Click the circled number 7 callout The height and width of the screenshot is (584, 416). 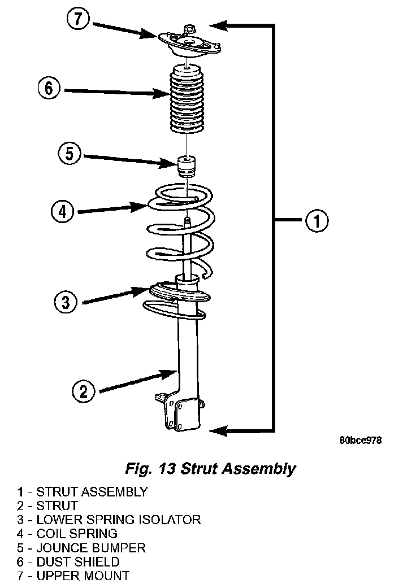78,19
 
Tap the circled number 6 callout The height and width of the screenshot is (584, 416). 49,89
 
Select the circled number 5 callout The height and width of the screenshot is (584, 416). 70,154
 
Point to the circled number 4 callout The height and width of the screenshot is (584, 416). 62,212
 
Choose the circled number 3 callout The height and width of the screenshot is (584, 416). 66,302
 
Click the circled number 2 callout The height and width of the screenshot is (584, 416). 84,391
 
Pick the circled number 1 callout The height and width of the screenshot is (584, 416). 317,220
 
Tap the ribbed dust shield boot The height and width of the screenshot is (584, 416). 187,98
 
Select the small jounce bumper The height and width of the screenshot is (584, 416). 187,167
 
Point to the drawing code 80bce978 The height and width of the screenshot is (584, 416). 361,441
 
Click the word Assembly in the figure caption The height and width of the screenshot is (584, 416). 258,469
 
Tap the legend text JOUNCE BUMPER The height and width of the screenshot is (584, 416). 91,548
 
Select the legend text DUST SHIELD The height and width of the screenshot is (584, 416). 78,561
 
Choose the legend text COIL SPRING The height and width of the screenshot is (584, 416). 77,534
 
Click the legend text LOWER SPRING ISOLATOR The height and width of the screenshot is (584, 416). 119,520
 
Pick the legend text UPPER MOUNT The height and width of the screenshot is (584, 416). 83,576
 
